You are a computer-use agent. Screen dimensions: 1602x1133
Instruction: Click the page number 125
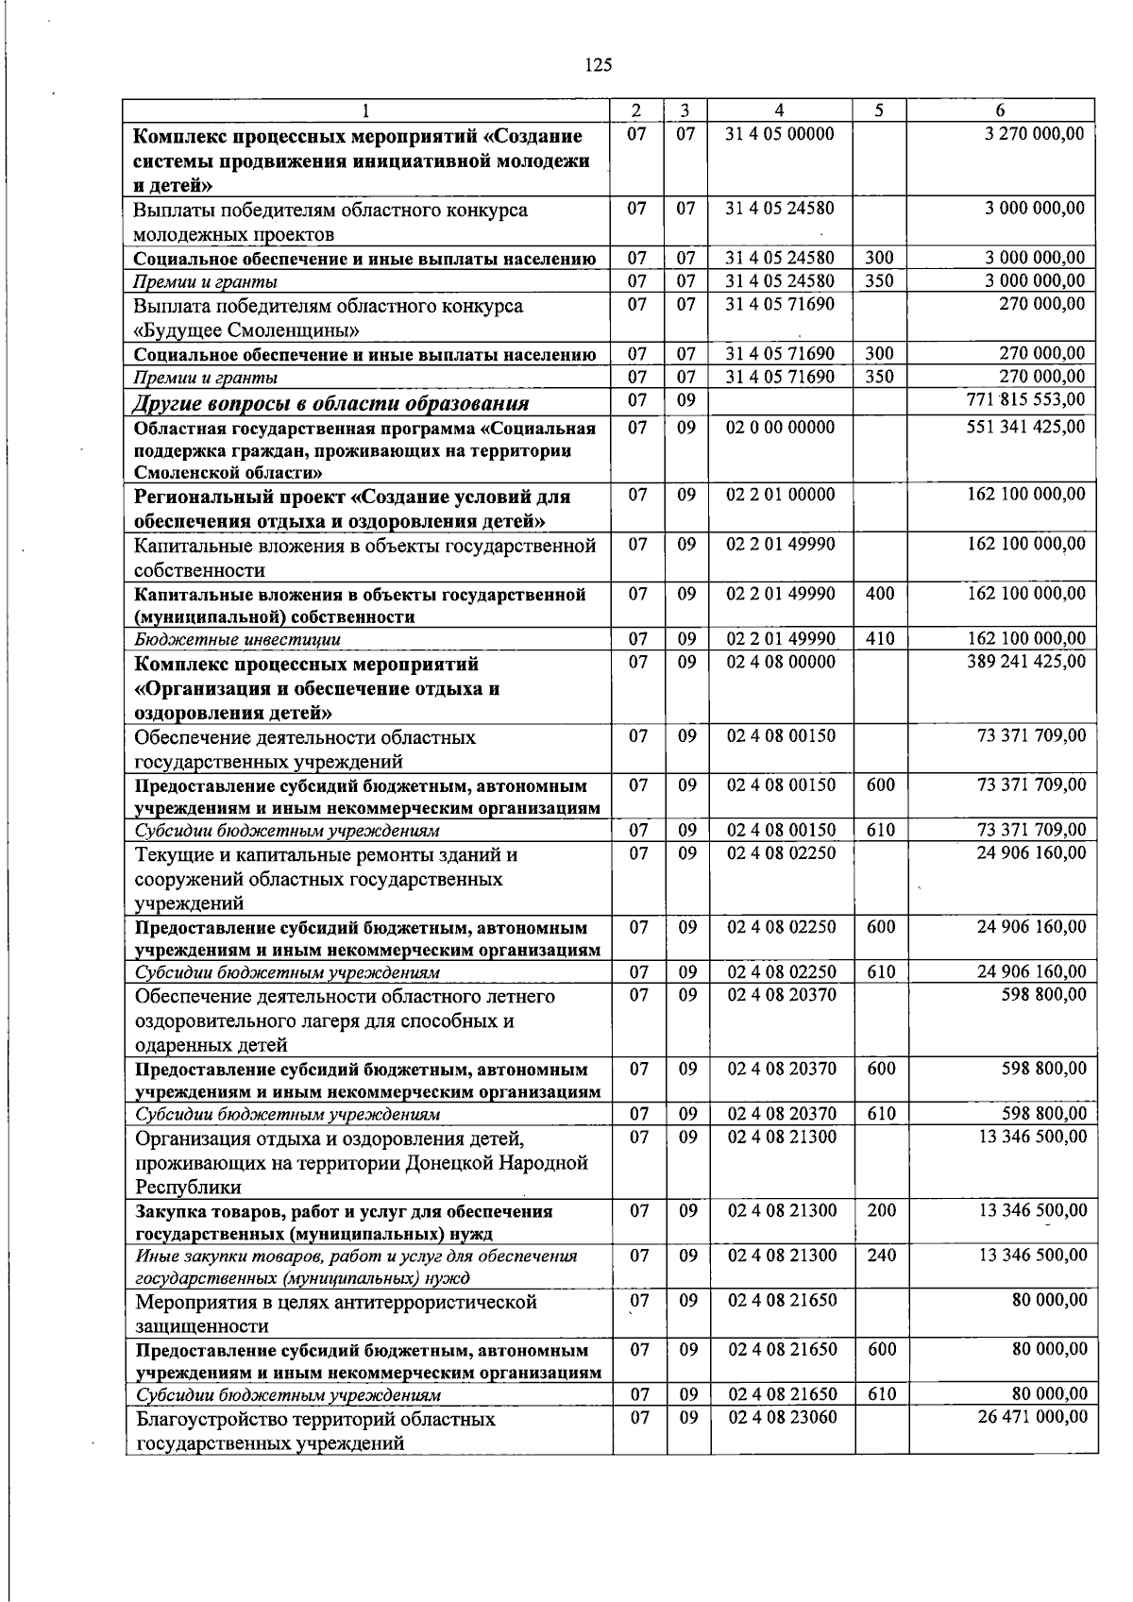(x=599, y=65)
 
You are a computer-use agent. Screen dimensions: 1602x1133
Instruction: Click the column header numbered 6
(x=1000, y=110)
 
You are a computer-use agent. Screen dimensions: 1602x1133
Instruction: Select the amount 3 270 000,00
(x=1034, y=134)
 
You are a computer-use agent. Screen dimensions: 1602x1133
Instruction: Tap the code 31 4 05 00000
(x=780, y=134)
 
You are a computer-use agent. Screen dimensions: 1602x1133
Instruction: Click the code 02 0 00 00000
(x=780, y=427)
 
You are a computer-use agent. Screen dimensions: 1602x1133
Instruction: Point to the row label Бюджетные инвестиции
(x=237, y=640)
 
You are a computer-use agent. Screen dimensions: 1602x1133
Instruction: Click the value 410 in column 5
(x=880, y=639)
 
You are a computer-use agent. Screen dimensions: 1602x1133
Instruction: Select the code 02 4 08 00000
(x=781, y=663)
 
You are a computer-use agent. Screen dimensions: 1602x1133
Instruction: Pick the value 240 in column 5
(x=881, y=1256)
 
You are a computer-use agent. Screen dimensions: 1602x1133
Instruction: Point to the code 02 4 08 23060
(x=782, y=1417)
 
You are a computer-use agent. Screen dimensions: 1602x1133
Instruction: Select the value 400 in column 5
(x=880, y=594)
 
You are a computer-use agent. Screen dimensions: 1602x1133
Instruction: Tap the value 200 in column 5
(x=881, y=1210)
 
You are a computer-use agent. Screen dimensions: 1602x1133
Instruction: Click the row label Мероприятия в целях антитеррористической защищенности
(x=336, y=1314)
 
